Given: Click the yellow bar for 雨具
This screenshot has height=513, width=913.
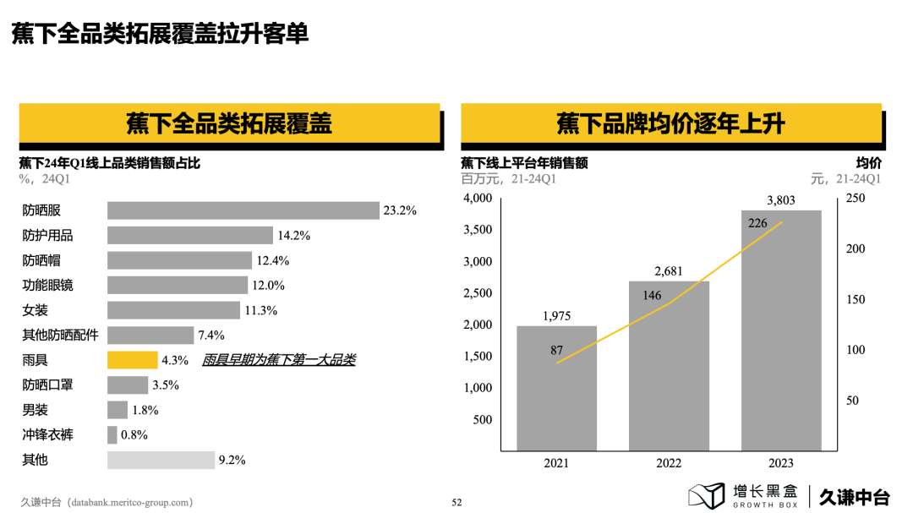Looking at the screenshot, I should click(132, 360).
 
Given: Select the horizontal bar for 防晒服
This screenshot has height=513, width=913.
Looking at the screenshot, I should click(243, 210).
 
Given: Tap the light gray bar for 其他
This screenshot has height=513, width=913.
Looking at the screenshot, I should click(161, 460).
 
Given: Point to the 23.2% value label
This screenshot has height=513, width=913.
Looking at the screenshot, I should click(400, 210).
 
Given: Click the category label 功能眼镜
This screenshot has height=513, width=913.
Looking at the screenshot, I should click(47, 286).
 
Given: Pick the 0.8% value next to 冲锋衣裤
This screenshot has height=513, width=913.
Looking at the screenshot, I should click(134, 435).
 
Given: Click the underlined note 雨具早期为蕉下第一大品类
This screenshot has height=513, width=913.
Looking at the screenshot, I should click(279, 360).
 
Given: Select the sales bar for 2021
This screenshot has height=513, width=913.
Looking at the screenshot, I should click(556, 388).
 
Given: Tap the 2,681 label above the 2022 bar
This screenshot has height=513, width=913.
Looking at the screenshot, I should click(669, 270).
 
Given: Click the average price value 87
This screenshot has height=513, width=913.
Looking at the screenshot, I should click(556, 349).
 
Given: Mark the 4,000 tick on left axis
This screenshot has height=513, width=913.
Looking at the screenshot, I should click(478, 199).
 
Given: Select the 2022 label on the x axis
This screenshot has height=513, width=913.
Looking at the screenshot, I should click(669, 463).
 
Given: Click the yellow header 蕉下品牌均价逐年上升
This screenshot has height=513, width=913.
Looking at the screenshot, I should click(671, 123).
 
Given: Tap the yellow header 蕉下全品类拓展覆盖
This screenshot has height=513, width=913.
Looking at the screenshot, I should click(229, 123).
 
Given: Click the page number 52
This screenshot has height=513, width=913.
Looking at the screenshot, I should click(456, 502).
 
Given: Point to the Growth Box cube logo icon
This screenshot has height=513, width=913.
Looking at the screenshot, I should click(706, 495).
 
